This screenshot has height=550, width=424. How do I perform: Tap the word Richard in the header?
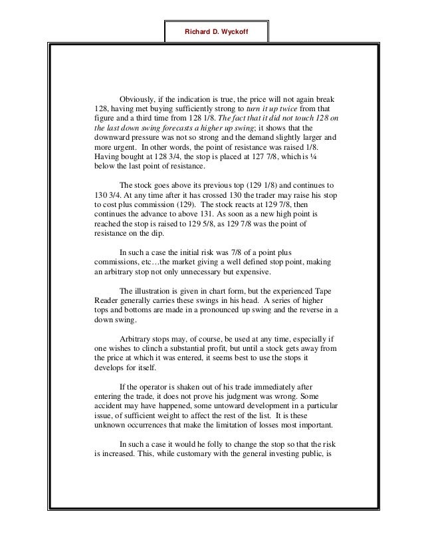(197, 30)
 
